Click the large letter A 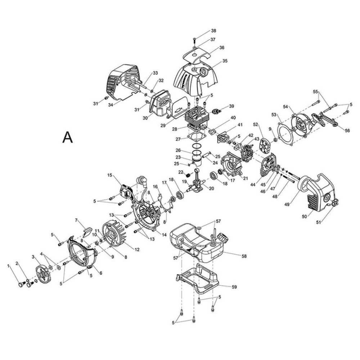(67, 137)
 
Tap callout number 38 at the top (224, 31)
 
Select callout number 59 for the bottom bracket (234, 287)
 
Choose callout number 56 (347, 131)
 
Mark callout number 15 (110, 175)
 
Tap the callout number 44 (253, 185)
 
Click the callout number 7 (76, 220)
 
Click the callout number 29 (163, 125)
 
